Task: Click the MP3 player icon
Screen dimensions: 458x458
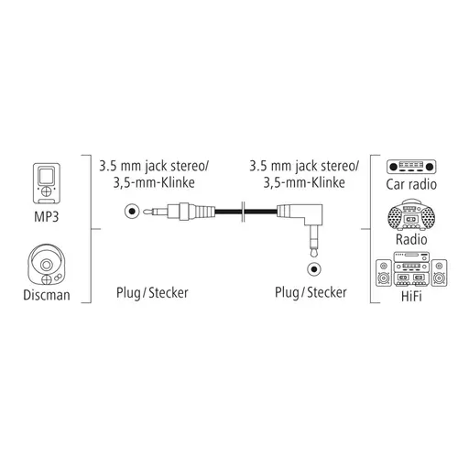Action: tap(47, 183)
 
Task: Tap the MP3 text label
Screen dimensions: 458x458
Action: tap(47, 217)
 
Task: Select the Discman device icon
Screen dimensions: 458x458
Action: tap(47, 265)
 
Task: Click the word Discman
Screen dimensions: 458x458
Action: tap(47, 295)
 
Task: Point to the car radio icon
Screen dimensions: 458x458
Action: tap(411, 167)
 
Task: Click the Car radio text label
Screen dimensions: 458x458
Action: tap(411, 184)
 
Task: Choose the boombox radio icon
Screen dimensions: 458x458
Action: tap(411, 215)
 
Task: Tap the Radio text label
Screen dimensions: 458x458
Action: tap(411, 239)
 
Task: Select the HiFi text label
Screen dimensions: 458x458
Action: tap(411, 296)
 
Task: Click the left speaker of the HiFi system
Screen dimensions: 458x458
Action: tap(384, 273)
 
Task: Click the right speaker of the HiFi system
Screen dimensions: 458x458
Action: tap(439, 273)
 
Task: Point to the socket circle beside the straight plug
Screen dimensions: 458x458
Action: tap(132, 212)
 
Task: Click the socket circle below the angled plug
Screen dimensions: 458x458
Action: tap(314, 269)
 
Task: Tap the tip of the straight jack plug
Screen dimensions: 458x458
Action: tap(145, 211)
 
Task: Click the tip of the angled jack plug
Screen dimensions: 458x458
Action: tap(314, 256)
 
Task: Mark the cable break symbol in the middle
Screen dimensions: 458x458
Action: tap(243, 212)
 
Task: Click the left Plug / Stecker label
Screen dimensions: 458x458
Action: tap(152, 293)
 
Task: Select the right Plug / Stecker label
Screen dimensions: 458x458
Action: tap(311, 292)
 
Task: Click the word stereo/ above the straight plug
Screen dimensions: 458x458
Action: tap(190, 167)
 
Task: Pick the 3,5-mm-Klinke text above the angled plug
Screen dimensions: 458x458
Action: tap(304, 183)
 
